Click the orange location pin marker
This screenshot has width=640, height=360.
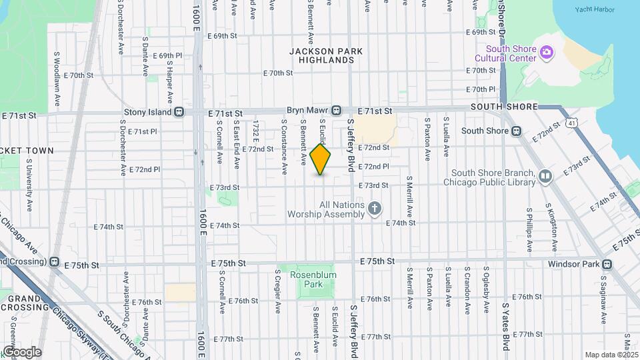click(x=321, y=159)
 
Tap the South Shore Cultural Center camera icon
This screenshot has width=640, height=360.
click(x=546, y=51)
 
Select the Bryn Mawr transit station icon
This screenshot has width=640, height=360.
click(x=337, y=110)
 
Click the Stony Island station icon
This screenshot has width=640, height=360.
click(x=178, y=113)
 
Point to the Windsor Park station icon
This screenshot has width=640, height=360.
click(x=606, y=264)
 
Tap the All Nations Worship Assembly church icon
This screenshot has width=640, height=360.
click(x=375, y=209)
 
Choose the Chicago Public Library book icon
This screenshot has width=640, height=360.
click(x=545, y=177)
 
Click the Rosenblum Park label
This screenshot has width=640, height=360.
click(x=306, y=279)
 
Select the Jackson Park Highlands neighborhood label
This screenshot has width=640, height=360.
click(x=321, y=55)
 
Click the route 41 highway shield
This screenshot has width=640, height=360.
click(x=571, y=122)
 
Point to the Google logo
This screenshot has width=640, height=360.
click(x=22, y=351)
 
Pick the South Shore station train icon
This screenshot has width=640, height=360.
click(x=515, y=131)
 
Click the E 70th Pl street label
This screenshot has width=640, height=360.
click(x=481, y=89)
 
